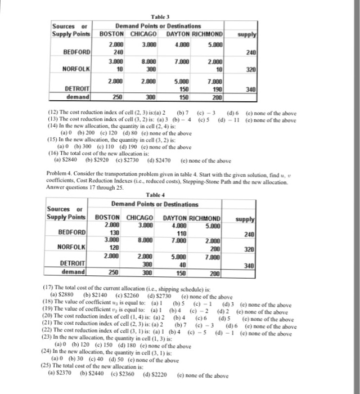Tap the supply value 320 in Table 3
pyautogui.click(x=251, y=71)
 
